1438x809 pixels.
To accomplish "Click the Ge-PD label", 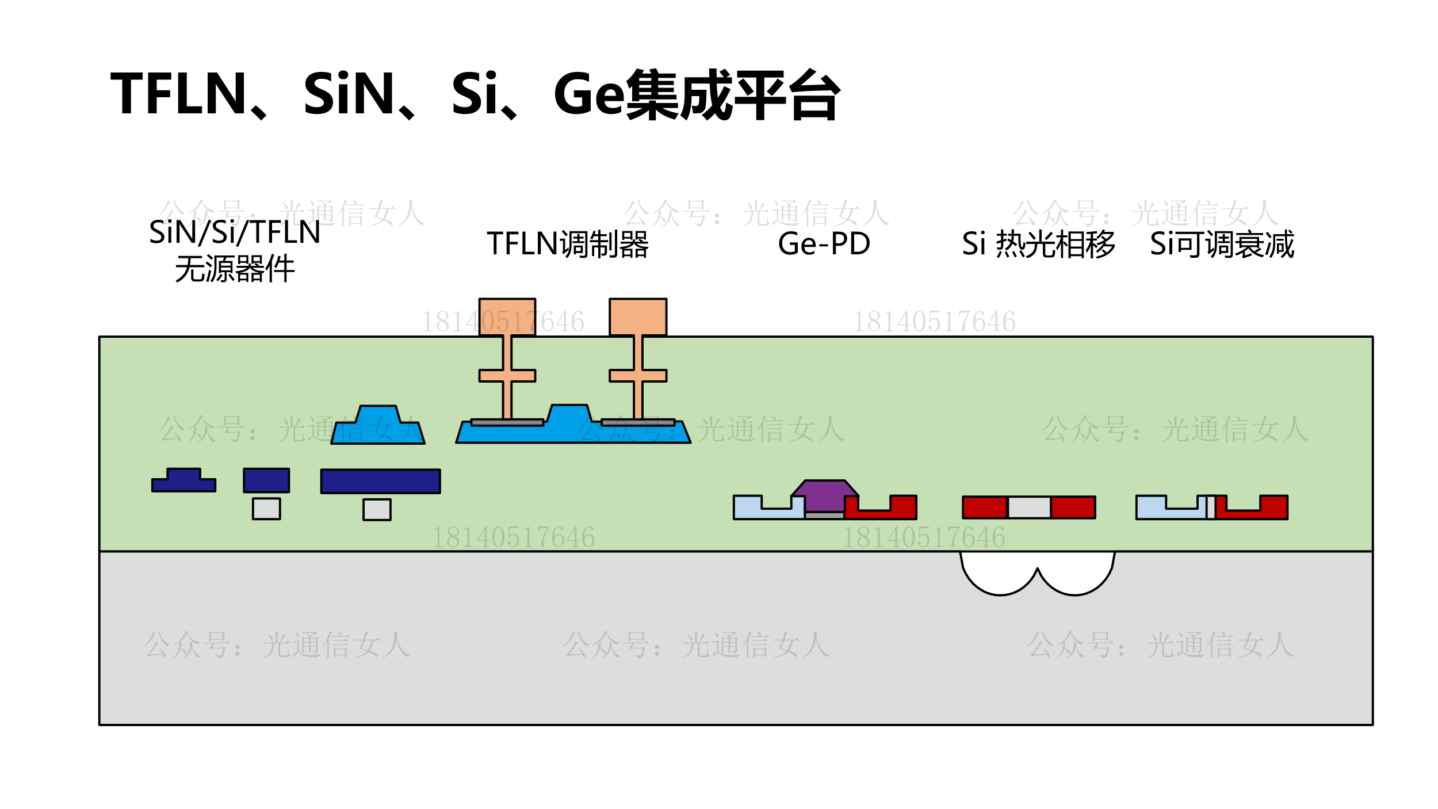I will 824,244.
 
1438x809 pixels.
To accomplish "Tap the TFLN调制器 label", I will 568,244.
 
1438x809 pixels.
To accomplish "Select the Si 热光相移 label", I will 1038,244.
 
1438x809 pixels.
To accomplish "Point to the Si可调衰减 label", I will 1222,244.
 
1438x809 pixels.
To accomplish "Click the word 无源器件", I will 235,269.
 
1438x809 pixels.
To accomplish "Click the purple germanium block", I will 824,495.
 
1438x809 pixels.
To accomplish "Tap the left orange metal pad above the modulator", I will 507,316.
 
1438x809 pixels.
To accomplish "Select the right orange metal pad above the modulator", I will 638,316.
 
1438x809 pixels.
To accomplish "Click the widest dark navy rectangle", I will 381,481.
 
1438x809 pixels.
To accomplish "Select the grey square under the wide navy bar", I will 377,509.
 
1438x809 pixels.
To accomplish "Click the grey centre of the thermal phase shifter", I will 1029,507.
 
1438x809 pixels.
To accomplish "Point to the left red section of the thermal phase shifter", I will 985,507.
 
